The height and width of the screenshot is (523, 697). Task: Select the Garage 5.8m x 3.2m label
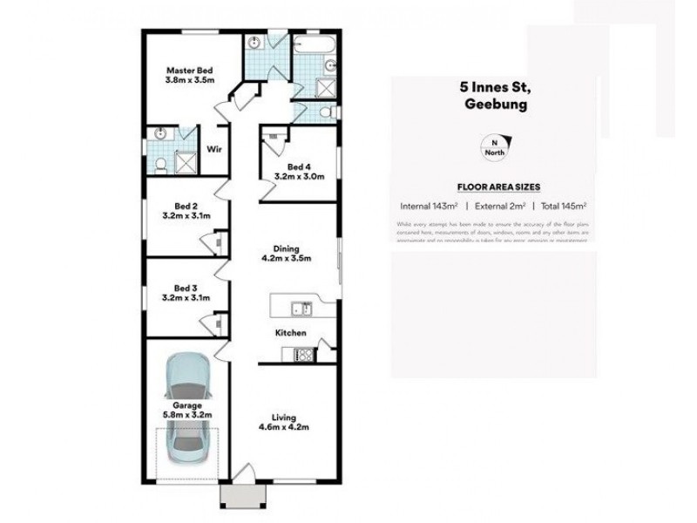[x=186, y=411]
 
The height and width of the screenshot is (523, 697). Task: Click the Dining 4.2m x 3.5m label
[x=287, y=252]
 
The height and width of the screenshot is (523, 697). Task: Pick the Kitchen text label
[x=290, y=333]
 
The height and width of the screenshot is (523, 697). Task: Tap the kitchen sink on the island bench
[x=301, y=306]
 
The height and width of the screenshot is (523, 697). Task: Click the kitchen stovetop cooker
[x=303, y=354]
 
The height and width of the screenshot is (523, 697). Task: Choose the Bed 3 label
[x=186, y=293]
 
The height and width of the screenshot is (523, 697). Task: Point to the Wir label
[x=214, y=149]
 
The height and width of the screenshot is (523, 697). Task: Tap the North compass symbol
[x=496, y=149]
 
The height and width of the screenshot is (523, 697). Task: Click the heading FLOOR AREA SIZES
[x=498, y=187]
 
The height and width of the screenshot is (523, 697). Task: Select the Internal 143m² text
[x=429, y=207]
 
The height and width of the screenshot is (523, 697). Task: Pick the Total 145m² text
[x=562, y=207]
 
